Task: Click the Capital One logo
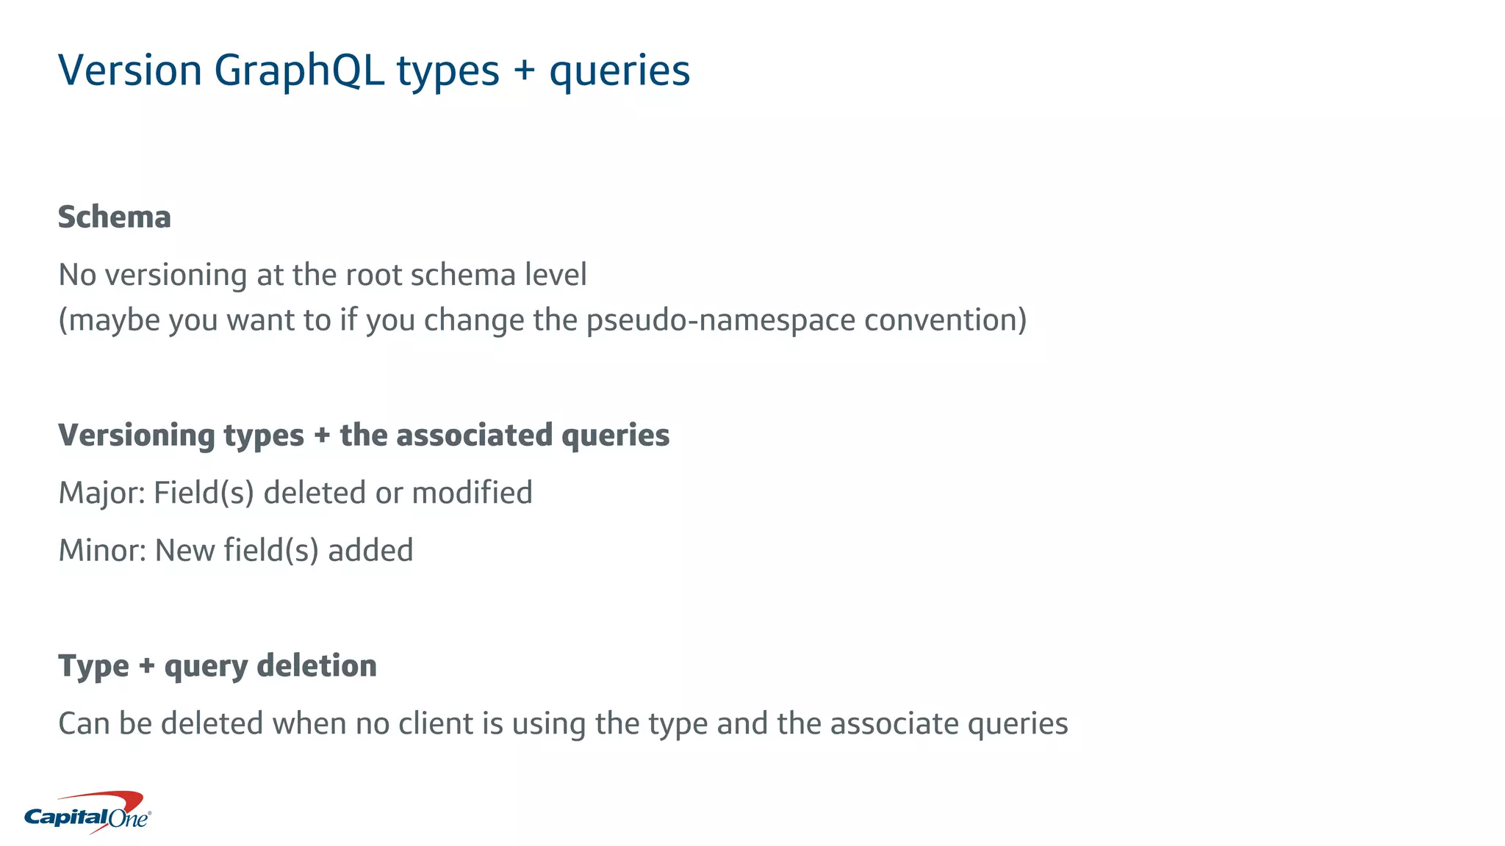[87, 813]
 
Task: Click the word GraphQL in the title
[299, 71]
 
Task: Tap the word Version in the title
[130, 71]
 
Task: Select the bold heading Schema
[115, 217]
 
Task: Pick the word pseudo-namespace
[721, 320]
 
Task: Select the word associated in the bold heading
[475, 435]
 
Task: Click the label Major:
[102, 493]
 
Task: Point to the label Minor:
[103, 550]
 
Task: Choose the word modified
[473, 493]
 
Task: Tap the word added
[370, 550]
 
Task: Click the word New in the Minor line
[185, 550]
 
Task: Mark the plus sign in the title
[524, 71]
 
